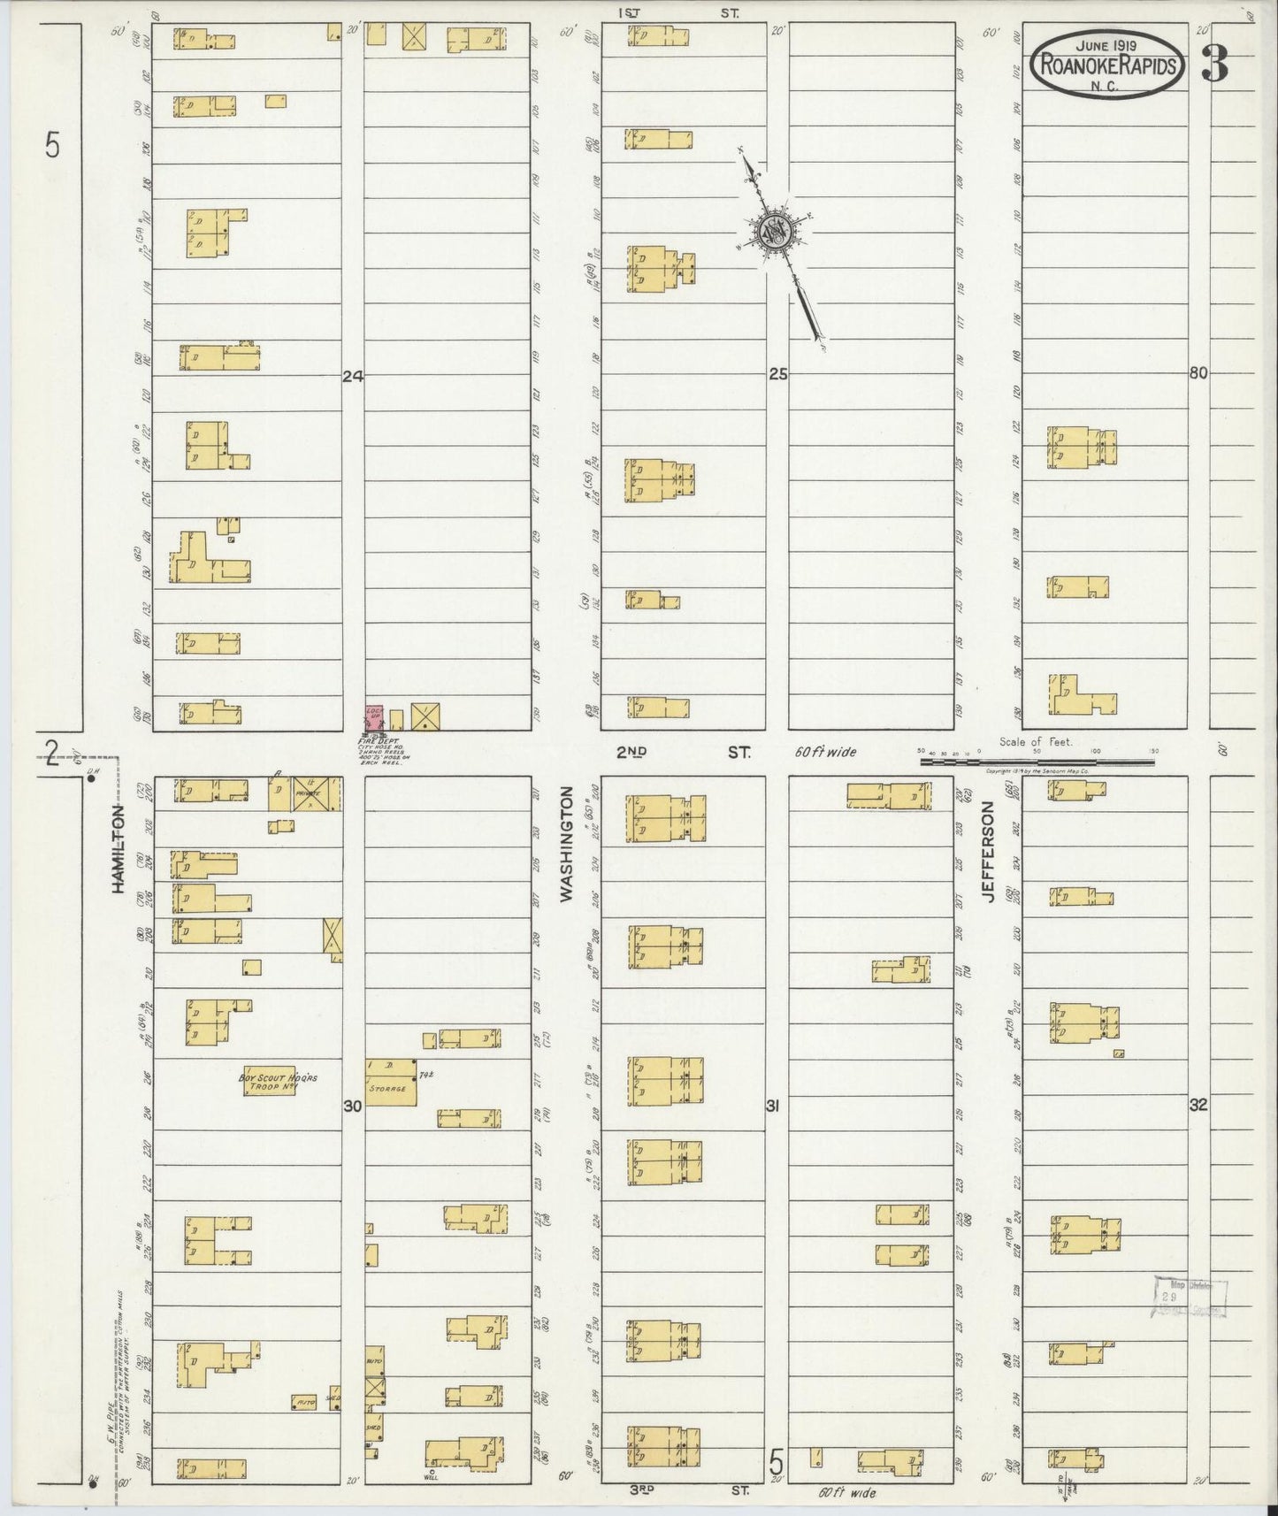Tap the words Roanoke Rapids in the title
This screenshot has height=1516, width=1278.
[1108, 65]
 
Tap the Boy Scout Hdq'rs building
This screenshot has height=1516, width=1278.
[269, 1080]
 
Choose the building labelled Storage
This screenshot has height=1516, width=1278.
[390, 1080]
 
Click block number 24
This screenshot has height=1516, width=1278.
[353, 376]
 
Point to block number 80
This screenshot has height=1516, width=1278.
[1198, 373]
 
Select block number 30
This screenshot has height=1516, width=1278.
[353, 1106]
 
